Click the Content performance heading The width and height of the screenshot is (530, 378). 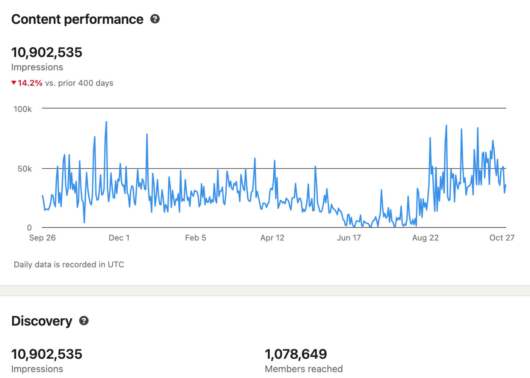[x=77, y=19]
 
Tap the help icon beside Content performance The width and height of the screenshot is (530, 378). [x=155, y=19]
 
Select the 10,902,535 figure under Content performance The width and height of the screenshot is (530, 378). [x=47, y=52]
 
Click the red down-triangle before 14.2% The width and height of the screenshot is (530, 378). [x=14, y=83]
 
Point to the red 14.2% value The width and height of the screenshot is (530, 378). [x=30, y=83]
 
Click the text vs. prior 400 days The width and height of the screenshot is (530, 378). [x=79, y=83]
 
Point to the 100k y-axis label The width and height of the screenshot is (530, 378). [x=23, y=109]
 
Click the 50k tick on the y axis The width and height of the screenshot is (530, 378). [x=25, y=169]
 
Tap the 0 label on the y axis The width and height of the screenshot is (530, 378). [x=29, y=228]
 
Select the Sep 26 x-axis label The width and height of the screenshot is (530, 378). [x=42, y=238]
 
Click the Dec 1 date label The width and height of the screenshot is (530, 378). [x=119, y=238]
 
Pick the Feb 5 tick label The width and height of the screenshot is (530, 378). [x=195, y=238]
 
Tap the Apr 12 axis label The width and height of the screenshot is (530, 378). [x=272, y=238]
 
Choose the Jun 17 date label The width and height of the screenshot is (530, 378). [x=349, y=238]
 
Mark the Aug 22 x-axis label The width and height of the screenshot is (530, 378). [x=425, y=238]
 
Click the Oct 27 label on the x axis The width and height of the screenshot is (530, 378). [x=502, y=238]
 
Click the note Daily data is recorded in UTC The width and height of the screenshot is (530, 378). [x=69, y=265]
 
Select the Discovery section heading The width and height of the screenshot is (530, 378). [x=42, y=321]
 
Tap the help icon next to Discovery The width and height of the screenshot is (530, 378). [x=84, y=321]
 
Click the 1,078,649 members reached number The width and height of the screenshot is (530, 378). [x=296, y=354]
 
